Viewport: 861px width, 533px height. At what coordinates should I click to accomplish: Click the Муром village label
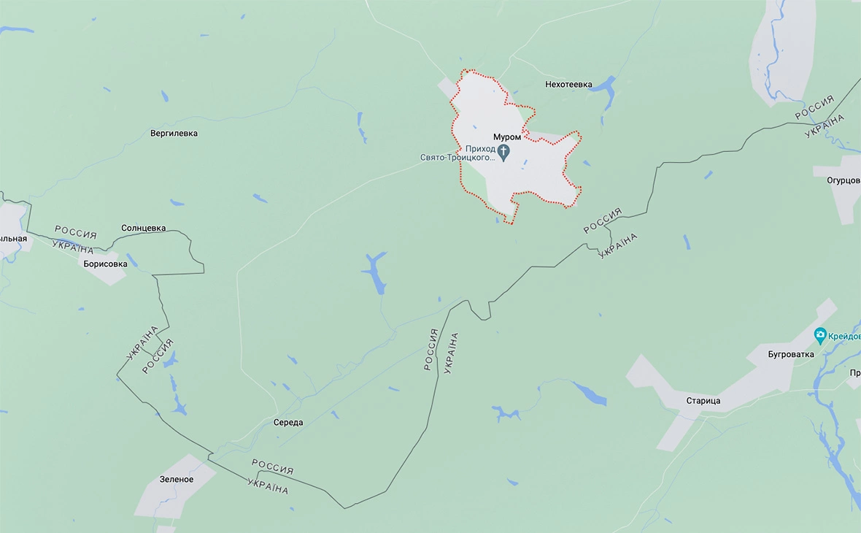pos(507,137)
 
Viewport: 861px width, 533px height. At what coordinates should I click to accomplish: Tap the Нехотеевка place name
pos(568,85)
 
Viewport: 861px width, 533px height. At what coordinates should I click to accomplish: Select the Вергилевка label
pos(174,134)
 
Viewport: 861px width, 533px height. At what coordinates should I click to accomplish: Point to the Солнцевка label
pos(143,228)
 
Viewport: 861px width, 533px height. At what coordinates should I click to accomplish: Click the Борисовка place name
pos(106,264)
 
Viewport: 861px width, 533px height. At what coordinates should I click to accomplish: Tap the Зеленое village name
pos(177,479)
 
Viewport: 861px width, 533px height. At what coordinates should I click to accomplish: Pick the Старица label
pos(703,401)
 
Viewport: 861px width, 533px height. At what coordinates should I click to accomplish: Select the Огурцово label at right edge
pos(843,180)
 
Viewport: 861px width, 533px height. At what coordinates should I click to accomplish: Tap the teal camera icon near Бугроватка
pos(820,335)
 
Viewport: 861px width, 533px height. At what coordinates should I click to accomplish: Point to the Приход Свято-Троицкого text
pos(458,152)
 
